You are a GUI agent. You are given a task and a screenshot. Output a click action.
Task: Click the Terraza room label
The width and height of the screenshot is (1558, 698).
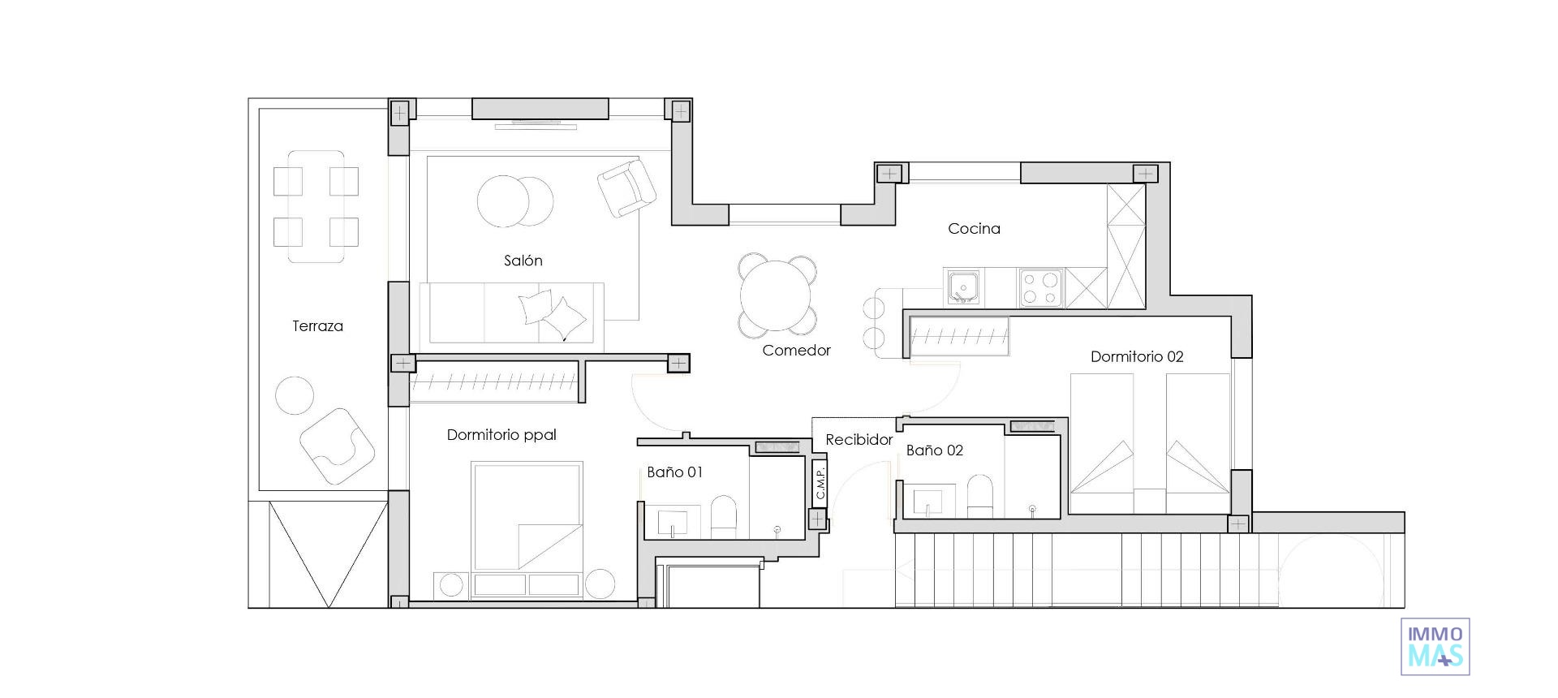(317, 326)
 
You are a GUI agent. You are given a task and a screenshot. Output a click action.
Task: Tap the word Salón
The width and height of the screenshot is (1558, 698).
(523, 261)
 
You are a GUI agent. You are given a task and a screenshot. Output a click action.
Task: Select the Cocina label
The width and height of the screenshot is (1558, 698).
(974, 229)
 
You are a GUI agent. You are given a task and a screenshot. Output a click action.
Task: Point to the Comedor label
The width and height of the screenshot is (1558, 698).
(796, 351)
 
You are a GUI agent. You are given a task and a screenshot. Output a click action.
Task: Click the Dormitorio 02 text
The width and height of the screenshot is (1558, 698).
(1136, 356)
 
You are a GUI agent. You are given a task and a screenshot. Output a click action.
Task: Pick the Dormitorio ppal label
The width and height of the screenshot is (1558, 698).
(501, 435)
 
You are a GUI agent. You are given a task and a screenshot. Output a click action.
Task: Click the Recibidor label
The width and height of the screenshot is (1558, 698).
(859, 440)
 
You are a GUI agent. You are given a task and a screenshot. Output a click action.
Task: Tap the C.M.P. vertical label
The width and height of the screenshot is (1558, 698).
(820, 483)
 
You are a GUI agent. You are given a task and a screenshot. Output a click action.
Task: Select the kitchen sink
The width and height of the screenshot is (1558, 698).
(963, 287)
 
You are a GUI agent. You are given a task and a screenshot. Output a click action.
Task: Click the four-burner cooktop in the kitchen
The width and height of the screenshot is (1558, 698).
(1041, 288)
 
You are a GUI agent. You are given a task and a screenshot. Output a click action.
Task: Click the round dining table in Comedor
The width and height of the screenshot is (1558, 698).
(777, 295)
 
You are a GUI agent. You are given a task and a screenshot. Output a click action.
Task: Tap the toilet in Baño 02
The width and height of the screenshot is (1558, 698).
(979, 497)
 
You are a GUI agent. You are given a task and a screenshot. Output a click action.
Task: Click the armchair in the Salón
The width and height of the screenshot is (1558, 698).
(626, 188)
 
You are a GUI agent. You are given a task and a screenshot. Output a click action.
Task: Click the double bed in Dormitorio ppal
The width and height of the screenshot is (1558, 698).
(527, 515)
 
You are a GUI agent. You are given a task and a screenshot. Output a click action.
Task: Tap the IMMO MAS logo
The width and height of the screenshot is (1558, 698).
(1435, 646)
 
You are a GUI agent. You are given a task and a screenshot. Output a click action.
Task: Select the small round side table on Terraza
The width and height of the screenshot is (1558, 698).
(295, 395)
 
